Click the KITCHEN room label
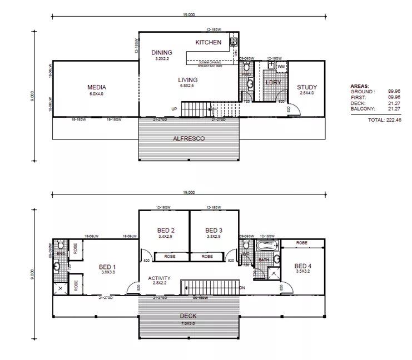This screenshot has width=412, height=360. (x=209, y=42)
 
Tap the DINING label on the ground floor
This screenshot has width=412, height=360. (x=162, y=53)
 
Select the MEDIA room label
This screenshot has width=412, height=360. (x=96, y=87)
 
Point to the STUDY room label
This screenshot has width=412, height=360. (x=306, y=87)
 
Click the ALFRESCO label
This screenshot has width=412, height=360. (x=188, y=138)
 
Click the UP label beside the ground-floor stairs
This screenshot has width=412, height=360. (x=174, y=108)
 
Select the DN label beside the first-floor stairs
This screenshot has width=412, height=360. (x=242, y=287)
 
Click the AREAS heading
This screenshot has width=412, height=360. (x=360, y=87)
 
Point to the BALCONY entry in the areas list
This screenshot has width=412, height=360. (x=362, y=109)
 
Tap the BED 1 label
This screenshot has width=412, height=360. (x=108, y=266)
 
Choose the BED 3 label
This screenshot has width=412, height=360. (x=214, y=231)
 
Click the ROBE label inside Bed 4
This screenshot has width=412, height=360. (x=302, y=243)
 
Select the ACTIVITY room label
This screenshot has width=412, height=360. (x=159, y=278)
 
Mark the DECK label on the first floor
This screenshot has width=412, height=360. (x=188, y=316)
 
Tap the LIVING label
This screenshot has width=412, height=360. (x=188, y=80)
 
